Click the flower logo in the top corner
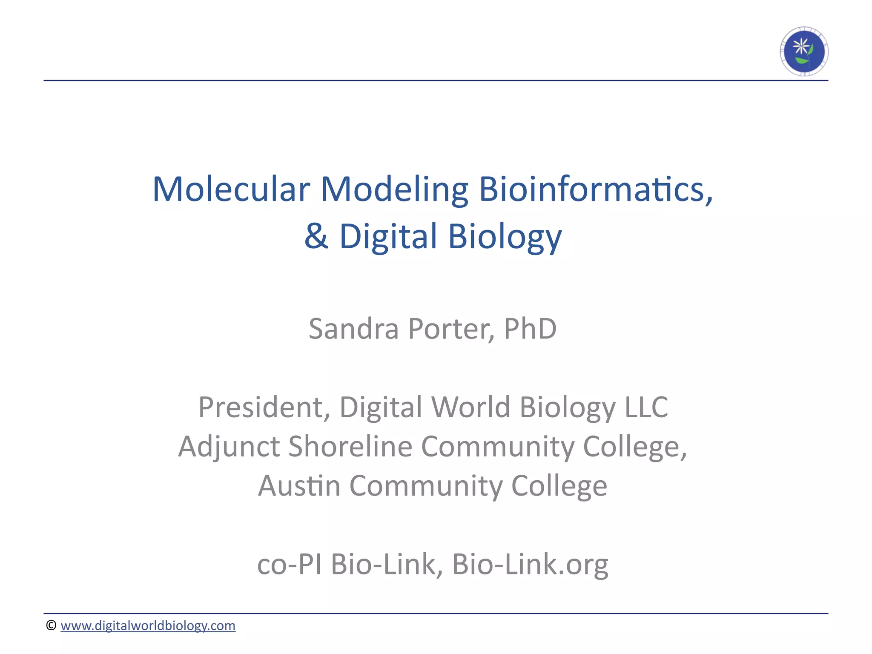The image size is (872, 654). [804, 52]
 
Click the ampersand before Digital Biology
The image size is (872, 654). [316, 236]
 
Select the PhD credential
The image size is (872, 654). [530, 329]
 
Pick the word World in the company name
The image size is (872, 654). [470, 407]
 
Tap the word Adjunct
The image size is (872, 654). [229, 446]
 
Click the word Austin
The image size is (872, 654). [299, 485]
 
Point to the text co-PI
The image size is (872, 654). [289, 564]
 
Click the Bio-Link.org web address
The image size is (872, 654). [530, 564]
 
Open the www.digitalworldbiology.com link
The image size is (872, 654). [148, 625]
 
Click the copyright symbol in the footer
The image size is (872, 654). [51, 625]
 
